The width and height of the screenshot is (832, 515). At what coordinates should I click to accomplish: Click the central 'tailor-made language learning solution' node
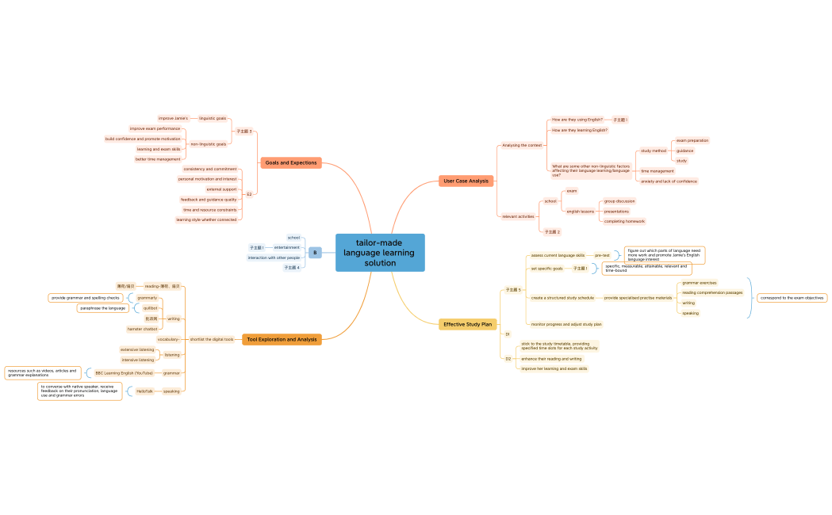(x=380, y=253)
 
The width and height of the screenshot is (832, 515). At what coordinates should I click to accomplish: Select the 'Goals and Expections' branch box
(x=291, y=162)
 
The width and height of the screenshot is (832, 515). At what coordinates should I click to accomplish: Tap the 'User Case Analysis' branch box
(x=466, y=181)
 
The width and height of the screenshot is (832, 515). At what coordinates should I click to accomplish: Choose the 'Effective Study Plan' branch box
(x=467, y=324)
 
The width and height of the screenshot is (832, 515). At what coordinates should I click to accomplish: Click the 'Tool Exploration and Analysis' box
(x=282, y=339)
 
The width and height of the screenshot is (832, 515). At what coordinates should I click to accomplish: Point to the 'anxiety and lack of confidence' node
(x=669, y=181)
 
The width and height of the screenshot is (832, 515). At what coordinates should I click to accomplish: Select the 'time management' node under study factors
(x=657, y=171)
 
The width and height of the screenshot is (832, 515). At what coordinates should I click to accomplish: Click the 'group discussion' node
(x=619, y=201)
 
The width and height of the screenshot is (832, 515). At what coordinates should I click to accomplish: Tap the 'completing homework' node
(x=624, y=221)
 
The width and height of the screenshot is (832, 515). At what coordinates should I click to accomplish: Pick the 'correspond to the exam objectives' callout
(x=792, y=298)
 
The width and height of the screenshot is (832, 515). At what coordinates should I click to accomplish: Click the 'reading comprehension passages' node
(x=712, y=292)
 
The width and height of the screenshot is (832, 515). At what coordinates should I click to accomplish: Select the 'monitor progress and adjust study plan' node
(x=566, y=324)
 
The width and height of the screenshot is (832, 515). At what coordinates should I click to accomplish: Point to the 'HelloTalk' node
(x=144, y=391)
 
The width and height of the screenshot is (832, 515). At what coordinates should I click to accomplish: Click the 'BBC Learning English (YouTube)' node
(x=124, y=372)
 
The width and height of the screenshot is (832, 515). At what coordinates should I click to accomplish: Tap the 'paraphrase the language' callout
(x=102, y=308)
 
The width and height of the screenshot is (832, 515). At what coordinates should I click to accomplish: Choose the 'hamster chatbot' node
(x=143, y=329)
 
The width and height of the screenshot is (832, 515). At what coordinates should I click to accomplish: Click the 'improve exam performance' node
(x=155, y=128)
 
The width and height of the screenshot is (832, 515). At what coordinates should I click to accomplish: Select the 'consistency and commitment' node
(x=209, y=169)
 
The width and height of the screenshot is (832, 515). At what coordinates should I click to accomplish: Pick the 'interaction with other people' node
(x=274, y=257)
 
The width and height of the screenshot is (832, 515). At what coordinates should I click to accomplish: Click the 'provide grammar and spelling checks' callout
(x=86, y=298)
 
